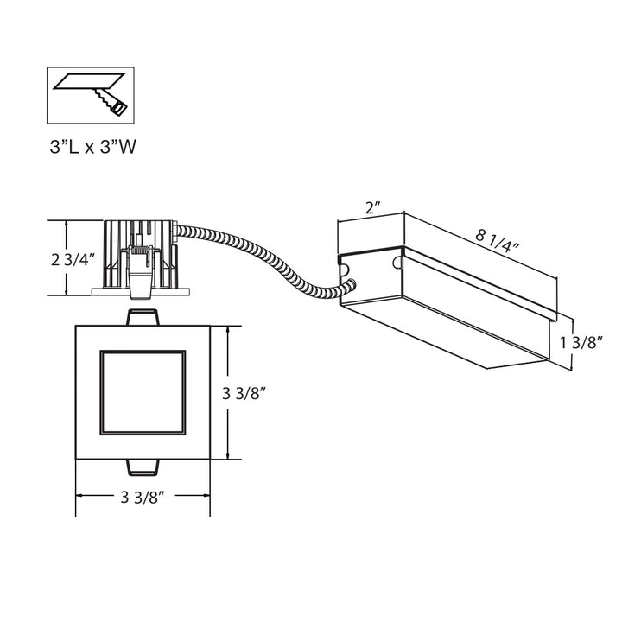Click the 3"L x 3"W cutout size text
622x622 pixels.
[x=92, y=147]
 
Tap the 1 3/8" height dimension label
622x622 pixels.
[x=580, y=342]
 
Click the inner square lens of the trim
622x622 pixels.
[x=143, y=392]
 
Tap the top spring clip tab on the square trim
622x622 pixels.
[x=143, y=317]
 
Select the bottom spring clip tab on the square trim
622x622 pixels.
[x=143, y=467]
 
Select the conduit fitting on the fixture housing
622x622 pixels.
[x=176, y=233]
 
